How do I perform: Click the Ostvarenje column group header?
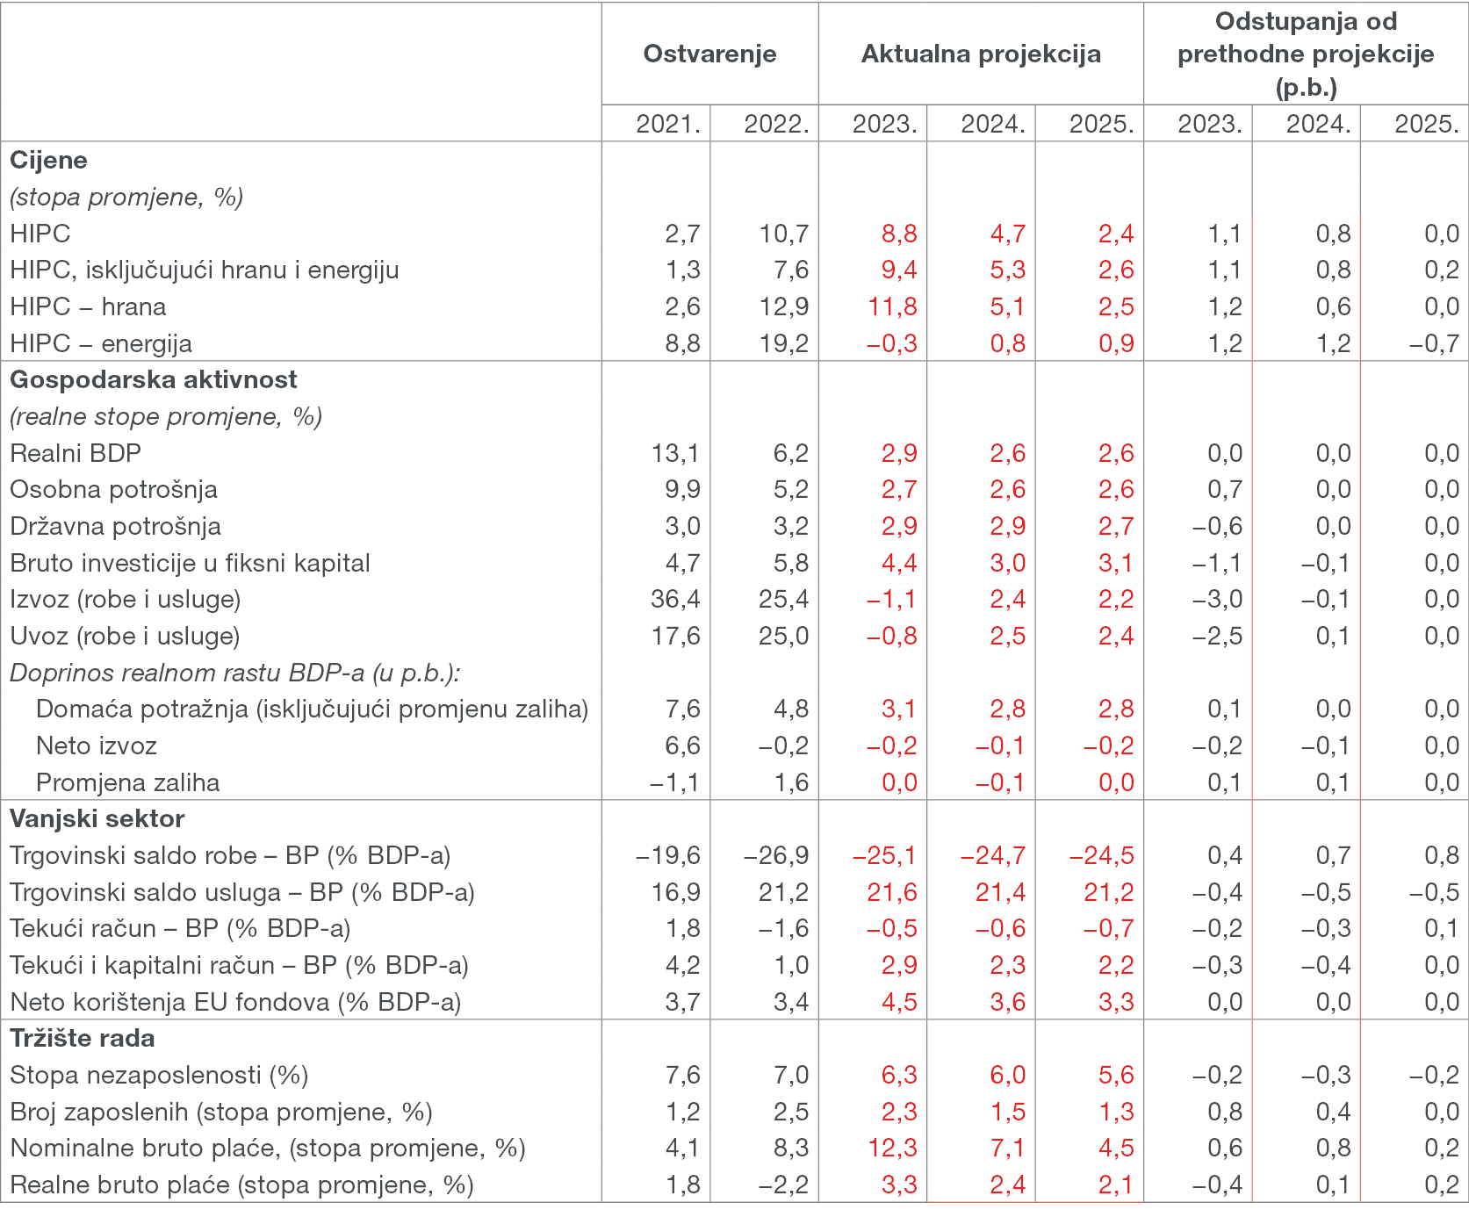(709, 54)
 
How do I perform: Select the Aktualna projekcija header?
(981, 54)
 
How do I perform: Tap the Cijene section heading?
(48, 160)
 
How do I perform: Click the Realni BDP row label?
(76, 453)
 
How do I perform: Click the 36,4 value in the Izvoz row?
(675, 599)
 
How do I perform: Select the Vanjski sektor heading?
(97, 818)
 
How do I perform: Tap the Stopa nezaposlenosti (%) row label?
(159, 1075)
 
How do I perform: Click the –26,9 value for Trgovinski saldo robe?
(776, 855)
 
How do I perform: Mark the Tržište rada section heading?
(83, 1038)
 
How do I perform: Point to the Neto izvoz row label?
(97, 745)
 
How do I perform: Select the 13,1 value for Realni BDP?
(675, 453)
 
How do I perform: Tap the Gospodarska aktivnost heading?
(154, 379)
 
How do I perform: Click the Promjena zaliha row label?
(128, 782)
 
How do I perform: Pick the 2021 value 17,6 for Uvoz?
(675, 636)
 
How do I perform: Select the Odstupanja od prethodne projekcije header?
(1306, 54)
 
